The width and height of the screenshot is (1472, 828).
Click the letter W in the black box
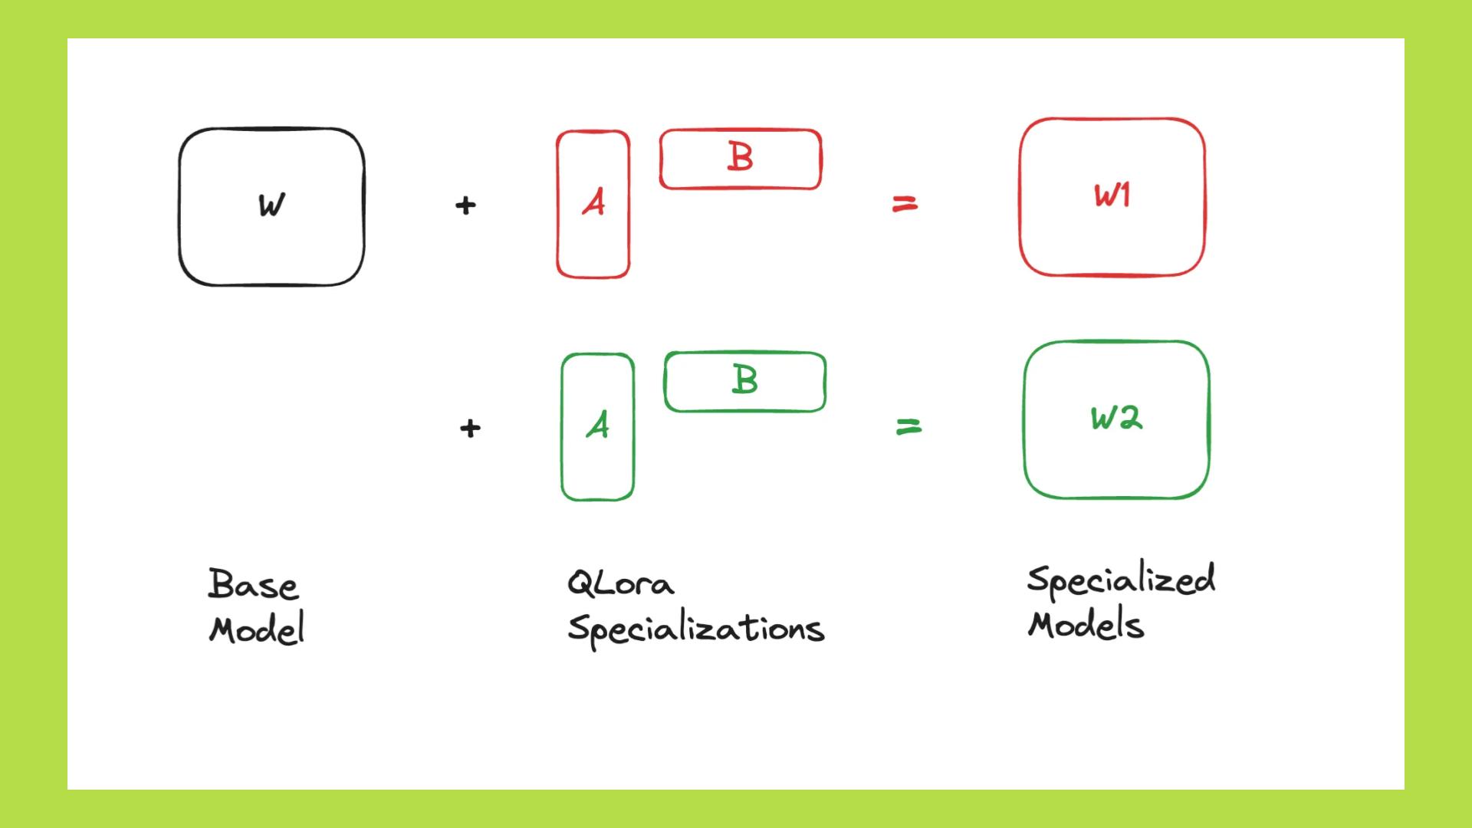coord(271,205)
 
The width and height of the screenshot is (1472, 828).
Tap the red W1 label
coord(1112,195)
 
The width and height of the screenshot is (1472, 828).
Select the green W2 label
coord(1116,418)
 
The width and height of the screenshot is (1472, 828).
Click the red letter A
coord(593,202)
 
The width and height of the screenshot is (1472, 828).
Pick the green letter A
coord(598,425)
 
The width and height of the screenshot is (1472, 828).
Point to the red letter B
coord(741,157)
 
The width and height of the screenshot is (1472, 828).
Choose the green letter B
coord(745,379)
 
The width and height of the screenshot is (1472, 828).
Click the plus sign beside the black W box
coord(465,205)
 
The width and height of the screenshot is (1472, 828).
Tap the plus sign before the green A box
coord(470,428)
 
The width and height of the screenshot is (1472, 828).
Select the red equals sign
coord(905,204)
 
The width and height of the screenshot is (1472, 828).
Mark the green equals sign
coord(909,426)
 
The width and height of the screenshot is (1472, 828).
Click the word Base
coord(253,585)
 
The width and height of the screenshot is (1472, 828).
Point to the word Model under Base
coord(257,629)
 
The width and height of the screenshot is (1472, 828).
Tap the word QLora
coord(621,584)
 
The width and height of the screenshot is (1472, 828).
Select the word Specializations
coord(695,629)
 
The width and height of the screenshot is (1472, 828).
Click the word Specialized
coord(1121,580)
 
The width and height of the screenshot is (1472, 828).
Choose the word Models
coord(1086,625)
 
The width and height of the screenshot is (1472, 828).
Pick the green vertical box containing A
coord(598,475)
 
